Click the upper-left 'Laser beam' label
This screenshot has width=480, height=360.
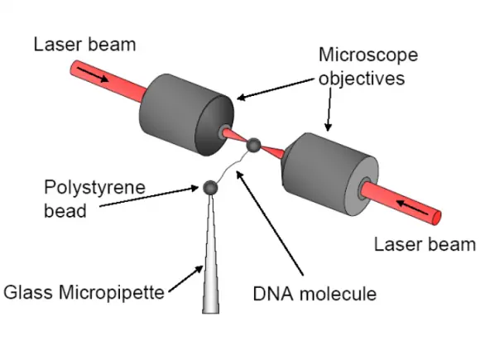point(84,45)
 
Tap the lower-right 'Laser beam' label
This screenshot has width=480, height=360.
point(425,245)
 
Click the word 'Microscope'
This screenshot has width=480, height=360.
point(368,55)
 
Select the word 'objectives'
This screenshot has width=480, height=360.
point(362,79)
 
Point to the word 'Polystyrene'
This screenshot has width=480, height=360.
point(94,188)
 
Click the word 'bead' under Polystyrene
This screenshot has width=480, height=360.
point(65,211)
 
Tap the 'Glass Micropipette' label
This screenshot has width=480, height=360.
point(84,292)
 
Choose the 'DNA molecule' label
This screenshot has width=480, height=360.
point(314,294)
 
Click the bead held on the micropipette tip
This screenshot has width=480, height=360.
point(210,187)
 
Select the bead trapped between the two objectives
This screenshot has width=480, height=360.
point(254,145)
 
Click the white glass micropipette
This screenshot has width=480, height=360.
point(210,254)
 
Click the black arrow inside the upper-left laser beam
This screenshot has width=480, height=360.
point(93,74)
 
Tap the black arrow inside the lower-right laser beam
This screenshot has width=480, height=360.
point(412,207)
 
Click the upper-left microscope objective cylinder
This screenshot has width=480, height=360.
point(186,115)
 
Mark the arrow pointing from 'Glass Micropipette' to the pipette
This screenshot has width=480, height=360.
point(186,279)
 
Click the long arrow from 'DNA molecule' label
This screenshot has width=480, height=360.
point(270,223)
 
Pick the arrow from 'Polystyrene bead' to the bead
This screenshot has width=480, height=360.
point(149,196)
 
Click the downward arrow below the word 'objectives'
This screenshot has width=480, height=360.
point(329,109)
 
